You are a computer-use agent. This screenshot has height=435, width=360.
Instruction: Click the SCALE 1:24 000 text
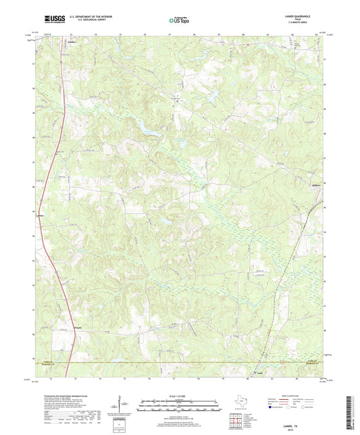pos(180,396)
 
